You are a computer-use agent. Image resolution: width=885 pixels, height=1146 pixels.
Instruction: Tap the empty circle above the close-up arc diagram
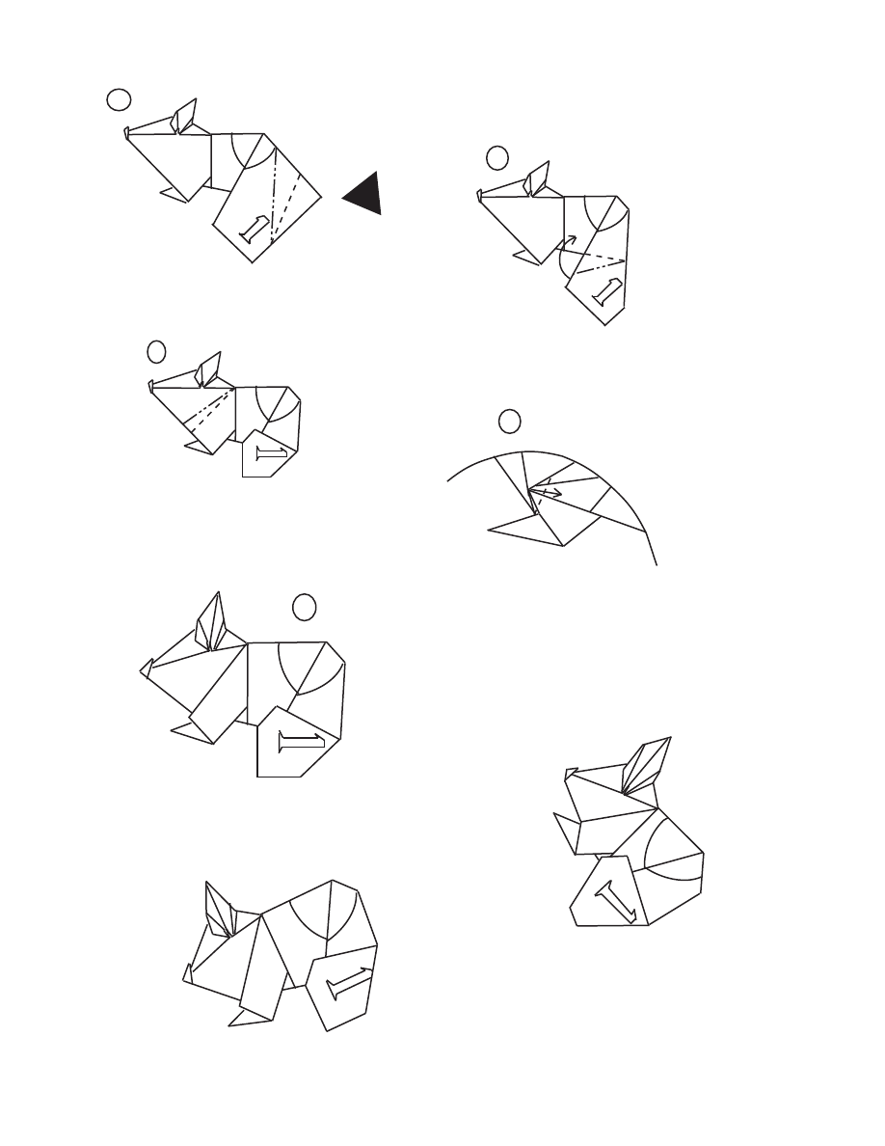510,421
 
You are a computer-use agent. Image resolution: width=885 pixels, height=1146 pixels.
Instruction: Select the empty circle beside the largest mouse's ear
304,608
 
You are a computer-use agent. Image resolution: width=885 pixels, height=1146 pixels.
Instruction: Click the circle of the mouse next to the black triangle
119,99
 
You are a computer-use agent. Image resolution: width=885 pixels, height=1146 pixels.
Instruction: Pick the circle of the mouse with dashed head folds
156,351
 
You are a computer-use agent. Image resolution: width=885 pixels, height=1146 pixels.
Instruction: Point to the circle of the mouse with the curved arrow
497,158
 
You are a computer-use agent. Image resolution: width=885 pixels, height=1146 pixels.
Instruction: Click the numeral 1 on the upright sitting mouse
617,902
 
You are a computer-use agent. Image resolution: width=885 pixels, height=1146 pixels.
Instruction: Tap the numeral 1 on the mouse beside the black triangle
254,229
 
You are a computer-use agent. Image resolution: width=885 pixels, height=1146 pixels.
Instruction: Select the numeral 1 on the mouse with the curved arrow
606,291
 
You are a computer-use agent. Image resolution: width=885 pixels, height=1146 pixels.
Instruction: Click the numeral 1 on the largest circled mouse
302,743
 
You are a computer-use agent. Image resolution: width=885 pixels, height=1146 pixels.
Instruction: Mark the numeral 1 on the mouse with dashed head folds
271,454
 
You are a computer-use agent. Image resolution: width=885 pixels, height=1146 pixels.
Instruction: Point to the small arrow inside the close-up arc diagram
547,493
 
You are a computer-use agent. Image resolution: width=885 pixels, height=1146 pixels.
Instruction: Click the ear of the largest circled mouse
210,622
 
